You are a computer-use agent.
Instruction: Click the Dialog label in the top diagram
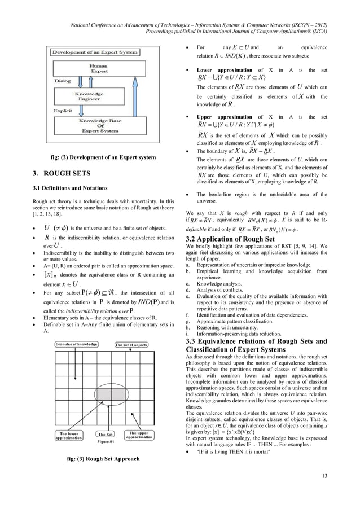[x=63, y=81]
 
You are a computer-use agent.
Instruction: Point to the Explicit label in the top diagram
[x=63, y=111]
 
